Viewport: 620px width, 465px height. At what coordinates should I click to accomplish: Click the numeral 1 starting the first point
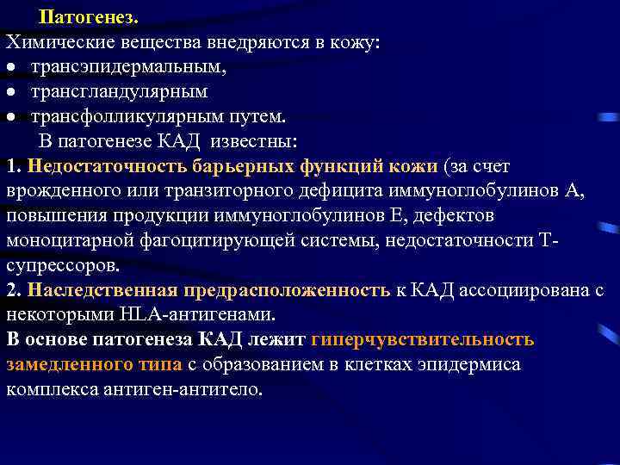tap(10, 165)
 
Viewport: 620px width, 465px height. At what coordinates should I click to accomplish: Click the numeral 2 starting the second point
tap(10, 289)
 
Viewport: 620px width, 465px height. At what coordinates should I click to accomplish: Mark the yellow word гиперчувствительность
tap(423, 338)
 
